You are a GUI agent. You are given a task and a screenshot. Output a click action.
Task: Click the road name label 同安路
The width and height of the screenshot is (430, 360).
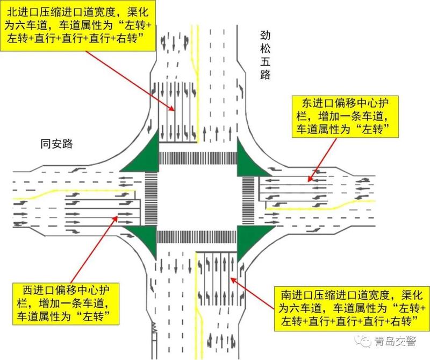coord(56,144)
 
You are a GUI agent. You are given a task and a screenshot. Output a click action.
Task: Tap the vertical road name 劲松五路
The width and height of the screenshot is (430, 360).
coord(265,55)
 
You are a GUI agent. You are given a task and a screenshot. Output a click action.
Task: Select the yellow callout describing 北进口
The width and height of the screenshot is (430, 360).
coord(78,25)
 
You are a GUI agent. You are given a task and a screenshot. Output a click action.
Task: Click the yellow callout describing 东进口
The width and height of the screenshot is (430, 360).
coord(345,117)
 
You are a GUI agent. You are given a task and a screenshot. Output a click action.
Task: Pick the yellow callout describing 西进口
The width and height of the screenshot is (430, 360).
coord(66,303)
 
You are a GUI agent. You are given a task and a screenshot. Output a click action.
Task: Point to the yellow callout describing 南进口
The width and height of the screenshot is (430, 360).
coord(352,308)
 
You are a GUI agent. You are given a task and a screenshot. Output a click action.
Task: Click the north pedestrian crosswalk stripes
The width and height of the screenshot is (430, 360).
coord(198,158)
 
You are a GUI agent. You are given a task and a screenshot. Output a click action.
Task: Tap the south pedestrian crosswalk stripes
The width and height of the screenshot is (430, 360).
coord(196,237)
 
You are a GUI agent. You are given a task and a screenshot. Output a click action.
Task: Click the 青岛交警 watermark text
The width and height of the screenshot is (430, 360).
coord(395,341)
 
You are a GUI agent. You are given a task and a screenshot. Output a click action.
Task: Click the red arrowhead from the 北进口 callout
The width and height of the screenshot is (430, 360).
coord(172,108)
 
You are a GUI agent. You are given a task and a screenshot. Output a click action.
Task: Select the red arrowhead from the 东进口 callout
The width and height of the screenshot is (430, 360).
coord(310,179)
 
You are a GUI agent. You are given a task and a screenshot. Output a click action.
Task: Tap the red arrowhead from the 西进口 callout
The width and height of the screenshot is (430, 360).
coord(115,219)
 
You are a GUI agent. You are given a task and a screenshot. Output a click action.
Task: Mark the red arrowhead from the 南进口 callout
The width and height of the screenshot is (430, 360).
coord(233,280)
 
